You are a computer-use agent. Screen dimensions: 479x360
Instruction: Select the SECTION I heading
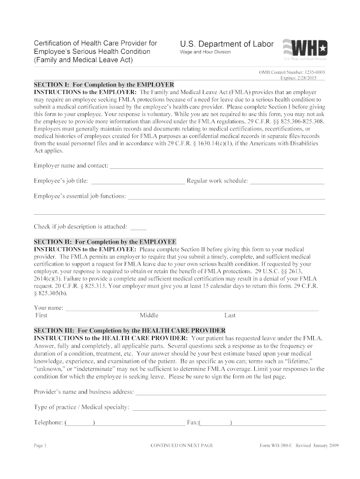point(104,85)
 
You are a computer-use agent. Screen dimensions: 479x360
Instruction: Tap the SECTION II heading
point(105,242)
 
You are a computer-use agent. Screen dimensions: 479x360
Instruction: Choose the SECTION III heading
point(130,330)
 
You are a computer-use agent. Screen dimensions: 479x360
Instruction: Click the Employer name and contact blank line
point(216,166)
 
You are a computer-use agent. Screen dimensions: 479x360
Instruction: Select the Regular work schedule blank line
point(287,181)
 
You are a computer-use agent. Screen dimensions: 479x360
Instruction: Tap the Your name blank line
point(192,308)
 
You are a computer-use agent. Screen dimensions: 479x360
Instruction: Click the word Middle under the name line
point(149,315)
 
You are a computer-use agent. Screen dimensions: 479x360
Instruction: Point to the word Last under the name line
point(230,315)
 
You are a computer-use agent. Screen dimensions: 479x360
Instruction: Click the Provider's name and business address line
point(230,392)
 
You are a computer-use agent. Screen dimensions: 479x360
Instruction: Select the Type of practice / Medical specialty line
point(229,407)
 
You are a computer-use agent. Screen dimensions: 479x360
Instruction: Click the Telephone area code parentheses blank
point(80,423)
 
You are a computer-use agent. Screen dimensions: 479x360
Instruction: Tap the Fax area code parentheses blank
point(215,423)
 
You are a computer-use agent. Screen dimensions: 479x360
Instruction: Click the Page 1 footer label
point(40,445)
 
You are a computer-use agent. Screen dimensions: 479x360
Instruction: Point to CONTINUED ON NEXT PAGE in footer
point(182,445)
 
